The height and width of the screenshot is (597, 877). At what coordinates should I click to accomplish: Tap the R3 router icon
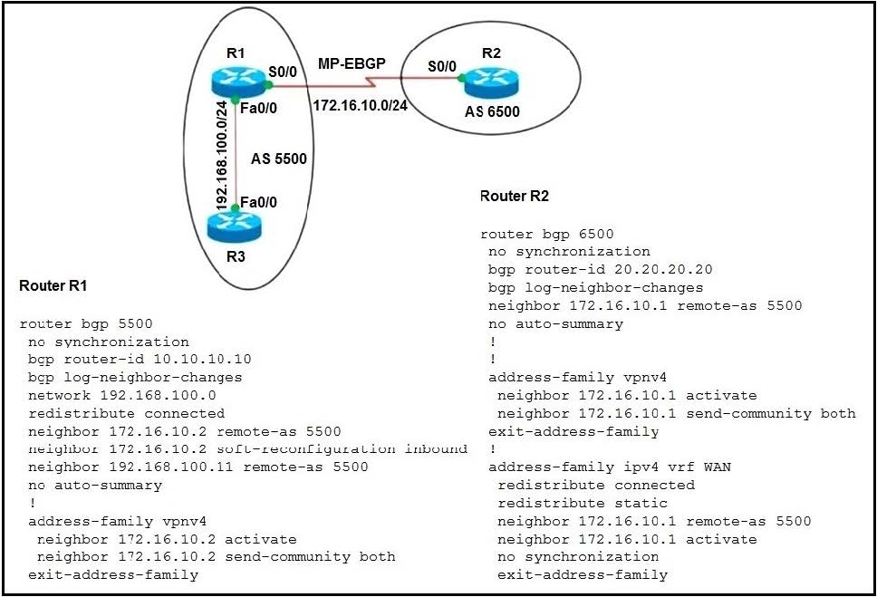click(235, 226)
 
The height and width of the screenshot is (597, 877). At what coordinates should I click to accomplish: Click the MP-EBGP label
click(352, 63)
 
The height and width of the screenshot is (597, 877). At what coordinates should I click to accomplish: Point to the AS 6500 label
click(492, 112)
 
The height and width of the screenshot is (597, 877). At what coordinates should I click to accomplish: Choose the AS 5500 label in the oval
click(278, 159)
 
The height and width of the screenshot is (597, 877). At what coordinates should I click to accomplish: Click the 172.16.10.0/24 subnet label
click(361, 105)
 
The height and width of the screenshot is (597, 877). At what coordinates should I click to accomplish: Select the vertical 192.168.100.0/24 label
click(222, 156)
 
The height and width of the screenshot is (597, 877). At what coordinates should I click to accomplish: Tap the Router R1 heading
click(53, 285)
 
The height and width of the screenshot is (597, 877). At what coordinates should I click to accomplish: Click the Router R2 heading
click(515, 196)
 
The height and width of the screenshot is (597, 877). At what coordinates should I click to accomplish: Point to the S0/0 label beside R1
click(283, 72)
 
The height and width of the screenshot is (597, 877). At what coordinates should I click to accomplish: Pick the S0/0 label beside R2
click(442, 66)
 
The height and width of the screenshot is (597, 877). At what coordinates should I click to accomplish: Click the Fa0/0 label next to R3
click(258, 202)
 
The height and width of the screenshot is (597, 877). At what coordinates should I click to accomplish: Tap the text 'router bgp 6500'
click(547, 234)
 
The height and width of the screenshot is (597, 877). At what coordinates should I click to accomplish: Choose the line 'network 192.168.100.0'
click(122, 395)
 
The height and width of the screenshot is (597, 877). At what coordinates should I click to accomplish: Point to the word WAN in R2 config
click(717, 467)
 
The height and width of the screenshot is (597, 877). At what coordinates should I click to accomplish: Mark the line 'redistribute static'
click(583, 503)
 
